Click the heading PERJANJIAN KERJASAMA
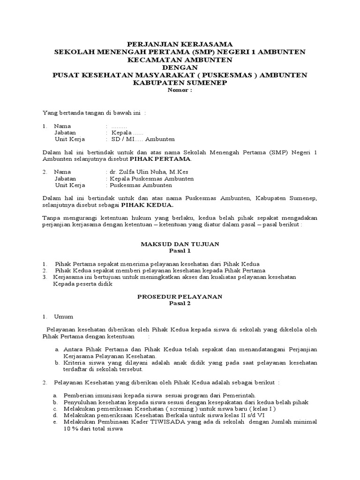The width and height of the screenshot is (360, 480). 180,44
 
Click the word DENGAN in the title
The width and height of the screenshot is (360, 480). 180,67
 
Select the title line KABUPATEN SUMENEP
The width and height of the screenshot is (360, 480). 180,83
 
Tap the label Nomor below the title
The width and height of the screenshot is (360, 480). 180,90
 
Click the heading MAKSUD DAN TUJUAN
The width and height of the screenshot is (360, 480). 180,244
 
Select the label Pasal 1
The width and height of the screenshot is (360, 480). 180,251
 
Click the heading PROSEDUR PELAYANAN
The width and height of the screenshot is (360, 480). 180,297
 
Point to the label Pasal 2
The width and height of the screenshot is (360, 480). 180,303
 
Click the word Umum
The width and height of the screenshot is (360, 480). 63,316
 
